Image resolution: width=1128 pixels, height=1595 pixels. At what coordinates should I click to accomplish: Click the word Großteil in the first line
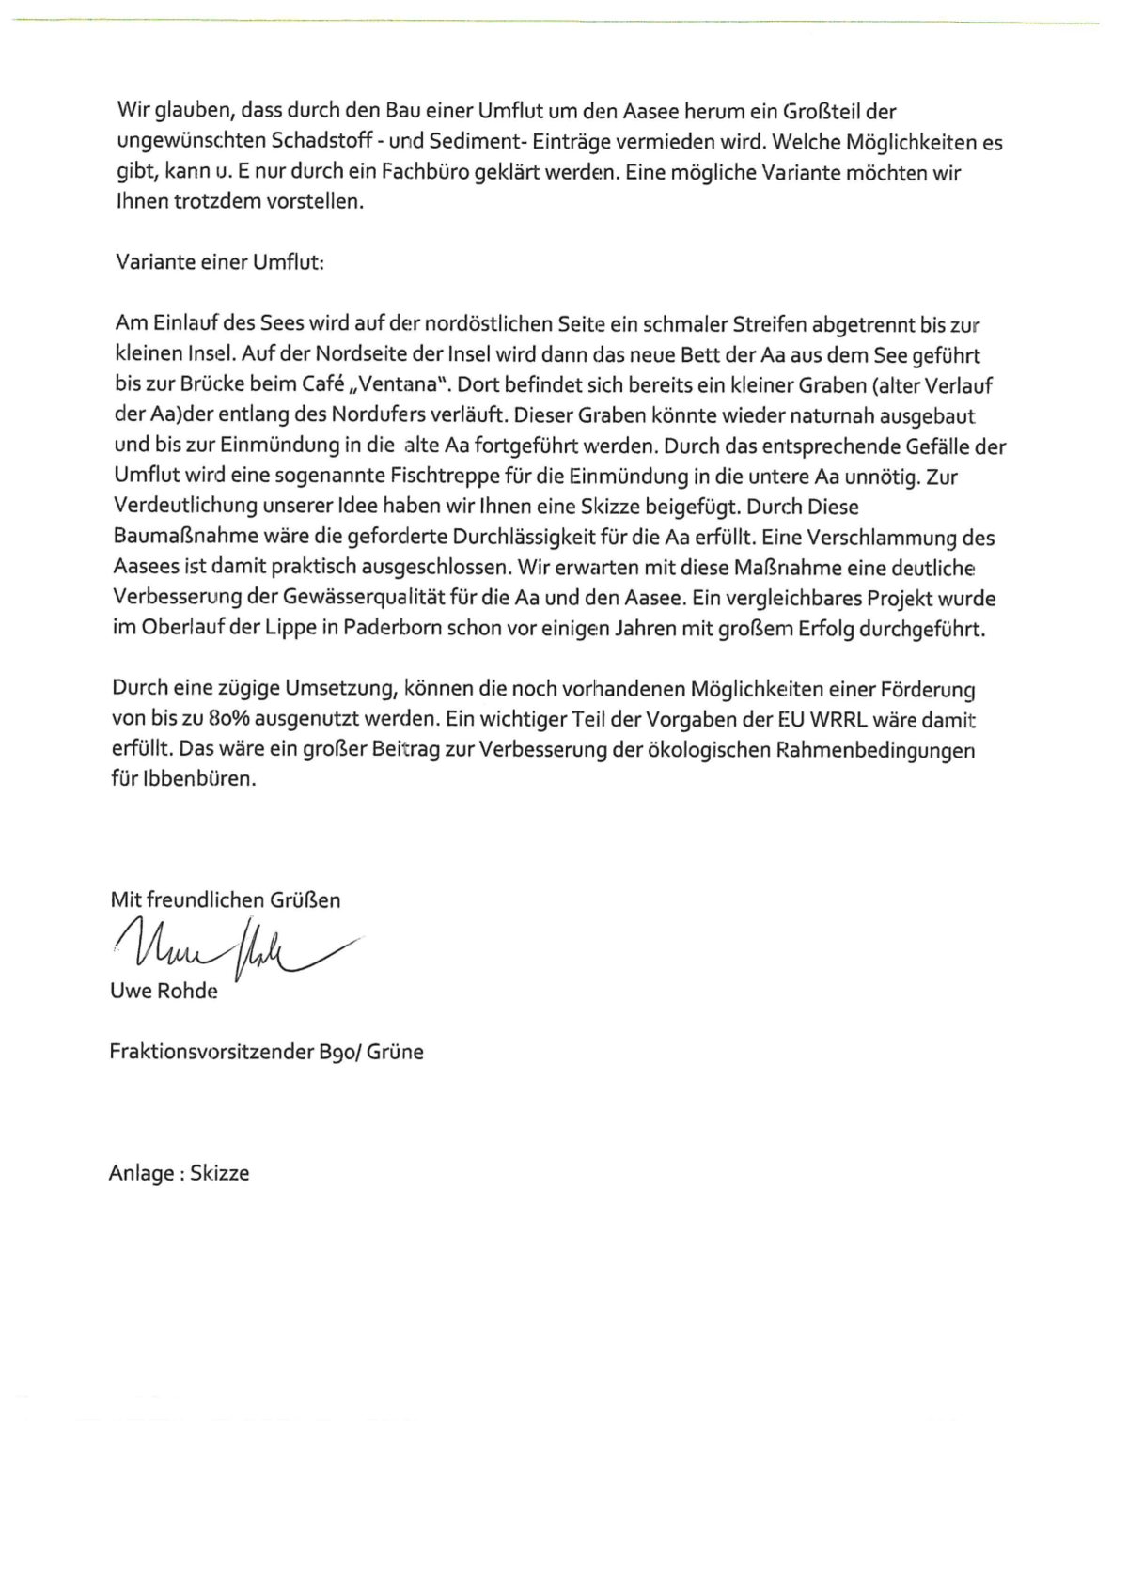click(822, 112)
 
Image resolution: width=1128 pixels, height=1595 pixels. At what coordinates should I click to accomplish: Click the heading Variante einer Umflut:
click(220, 262)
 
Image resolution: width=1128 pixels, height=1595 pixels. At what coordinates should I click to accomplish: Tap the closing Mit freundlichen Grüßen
click(226, 899)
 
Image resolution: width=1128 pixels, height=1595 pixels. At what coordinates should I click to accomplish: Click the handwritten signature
click(235, 949)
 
